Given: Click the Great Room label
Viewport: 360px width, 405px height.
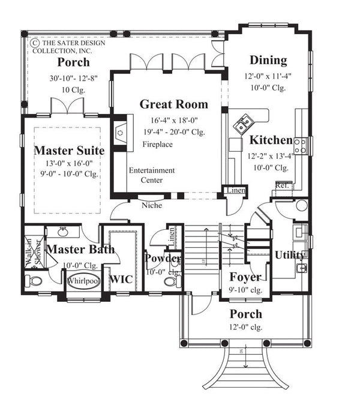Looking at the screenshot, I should (174, 104).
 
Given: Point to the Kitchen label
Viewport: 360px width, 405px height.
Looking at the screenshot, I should (271, 140).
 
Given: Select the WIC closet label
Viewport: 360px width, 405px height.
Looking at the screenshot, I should (121, 278).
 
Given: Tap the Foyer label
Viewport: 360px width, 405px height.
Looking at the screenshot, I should (245, 277).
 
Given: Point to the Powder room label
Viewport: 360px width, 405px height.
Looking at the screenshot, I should (163, 259).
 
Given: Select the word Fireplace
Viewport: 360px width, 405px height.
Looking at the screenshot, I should (158, 145).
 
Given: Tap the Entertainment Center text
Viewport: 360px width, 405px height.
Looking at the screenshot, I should (152, 175).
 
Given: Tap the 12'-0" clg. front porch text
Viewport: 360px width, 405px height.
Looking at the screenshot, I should (245, 327).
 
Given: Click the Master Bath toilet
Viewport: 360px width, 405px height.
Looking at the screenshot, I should (34, 281).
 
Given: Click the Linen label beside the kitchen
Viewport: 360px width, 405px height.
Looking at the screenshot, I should (234, 190).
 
